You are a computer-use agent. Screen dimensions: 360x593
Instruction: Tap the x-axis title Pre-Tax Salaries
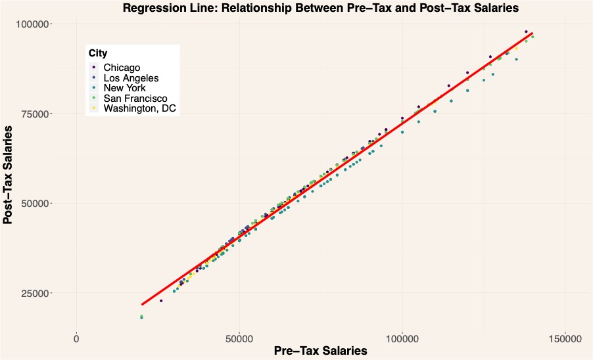coord(320,351)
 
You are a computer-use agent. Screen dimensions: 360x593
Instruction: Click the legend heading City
coord(98,53)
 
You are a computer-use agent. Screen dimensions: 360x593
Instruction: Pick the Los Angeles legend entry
coord(131,78)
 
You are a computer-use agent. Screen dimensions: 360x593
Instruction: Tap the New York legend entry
coord(125,88)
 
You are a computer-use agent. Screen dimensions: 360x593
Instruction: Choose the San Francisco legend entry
coord(135,99)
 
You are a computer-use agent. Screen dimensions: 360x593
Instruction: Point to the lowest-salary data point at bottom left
coord(141,317)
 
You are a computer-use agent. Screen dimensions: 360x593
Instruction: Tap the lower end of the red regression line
coord(142,304)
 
